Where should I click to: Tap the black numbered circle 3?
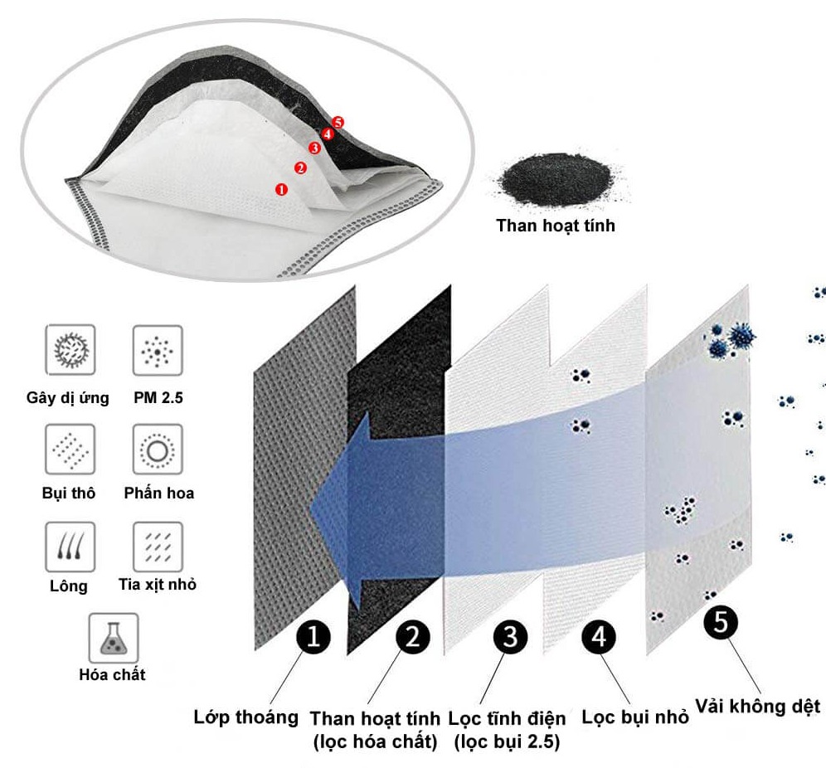point(509,637)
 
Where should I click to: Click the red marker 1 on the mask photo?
point(281,189)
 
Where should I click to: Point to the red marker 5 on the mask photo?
point(338,122)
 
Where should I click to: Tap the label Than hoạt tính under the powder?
point(556,225)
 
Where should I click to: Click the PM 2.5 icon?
point(158,351)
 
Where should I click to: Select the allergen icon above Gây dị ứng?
point(69,350)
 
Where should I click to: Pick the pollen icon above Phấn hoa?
point(158,450)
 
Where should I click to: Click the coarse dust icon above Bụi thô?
point(69,450)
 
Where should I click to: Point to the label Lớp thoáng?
point(245,717)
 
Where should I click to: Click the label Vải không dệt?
point(757,707)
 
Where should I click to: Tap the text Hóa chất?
point(112,674)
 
